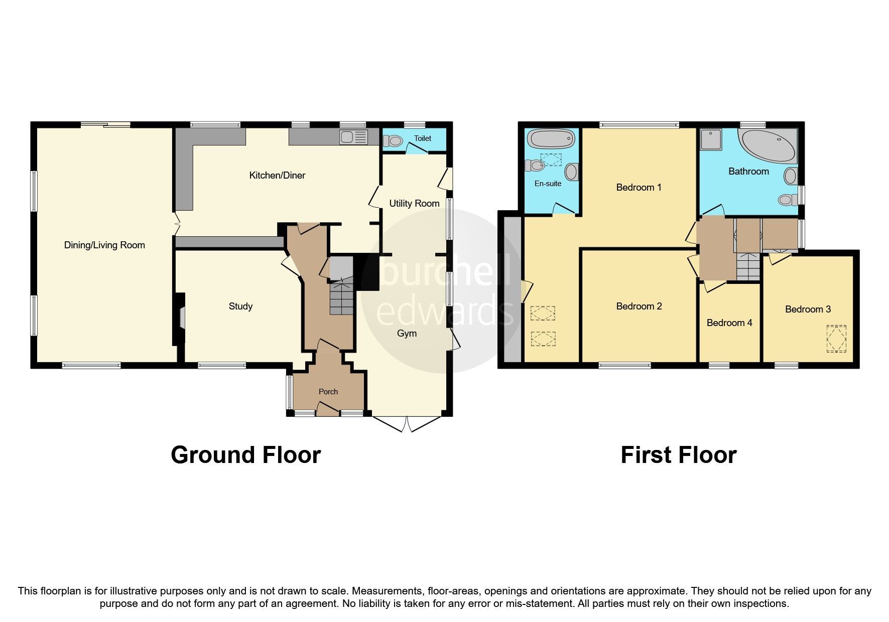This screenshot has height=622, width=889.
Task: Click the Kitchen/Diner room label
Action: tap(277, 175)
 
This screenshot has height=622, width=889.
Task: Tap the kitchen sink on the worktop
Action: tap(354, 137)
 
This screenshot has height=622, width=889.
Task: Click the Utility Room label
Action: tap(414, 203)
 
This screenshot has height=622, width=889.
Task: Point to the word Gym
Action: tap(407, 333)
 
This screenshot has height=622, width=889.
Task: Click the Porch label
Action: tap(328, 392)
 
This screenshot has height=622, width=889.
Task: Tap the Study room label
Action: tap(240, 306)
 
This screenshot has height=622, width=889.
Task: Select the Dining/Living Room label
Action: tap(104, 245)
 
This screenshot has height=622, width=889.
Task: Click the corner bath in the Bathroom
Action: tap(770, 145)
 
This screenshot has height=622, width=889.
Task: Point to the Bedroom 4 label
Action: tap(729, 323)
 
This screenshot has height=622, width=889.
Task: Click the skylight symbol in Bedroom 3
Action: tap(836, 339)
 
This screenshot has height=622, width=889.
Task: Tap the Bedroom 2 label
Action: tap(639, 306)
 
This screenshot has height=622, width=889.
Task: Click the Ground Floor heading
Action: tap(245, 455)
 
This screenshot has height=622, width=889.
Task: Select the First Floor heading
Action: tap(678, 455)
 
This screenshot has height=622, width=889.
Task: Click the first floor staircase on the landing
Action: tap(748, 266)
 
